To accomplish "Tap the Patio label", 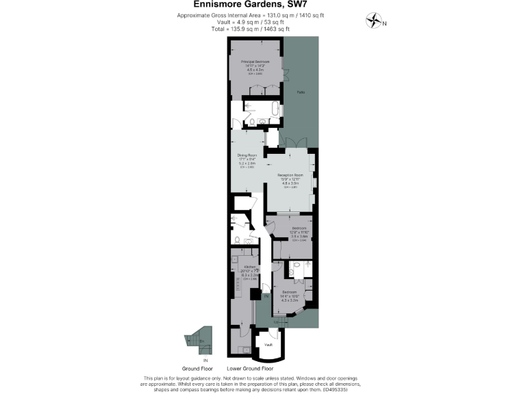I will click(x=301, y=92).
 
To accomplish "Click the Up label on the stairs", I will click(x=275, y=321).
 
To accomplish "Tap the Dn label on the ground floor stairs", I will click(x=202, y=340).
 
